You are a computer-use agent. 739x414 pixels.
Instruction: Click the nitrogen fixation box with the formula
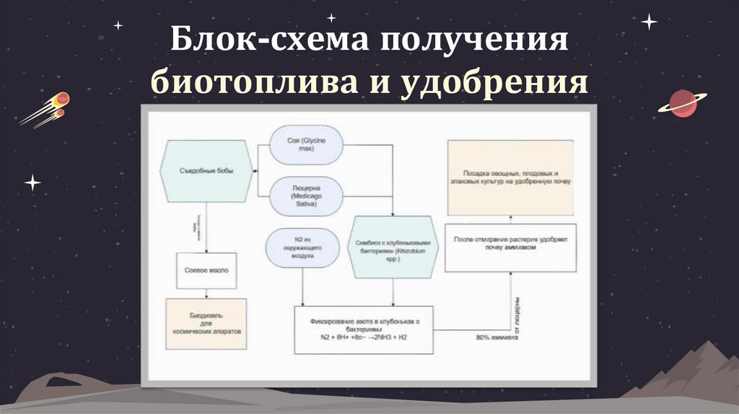coord(364,330)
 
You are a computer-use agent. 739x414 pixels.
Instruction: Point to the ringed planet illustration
coord(681,104)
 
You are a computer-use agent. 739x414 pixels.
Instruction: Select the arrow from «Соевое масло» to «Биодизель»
coord(208,294)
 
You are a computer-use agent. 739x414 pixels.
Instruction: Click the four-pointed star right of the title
coord(649,22)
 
